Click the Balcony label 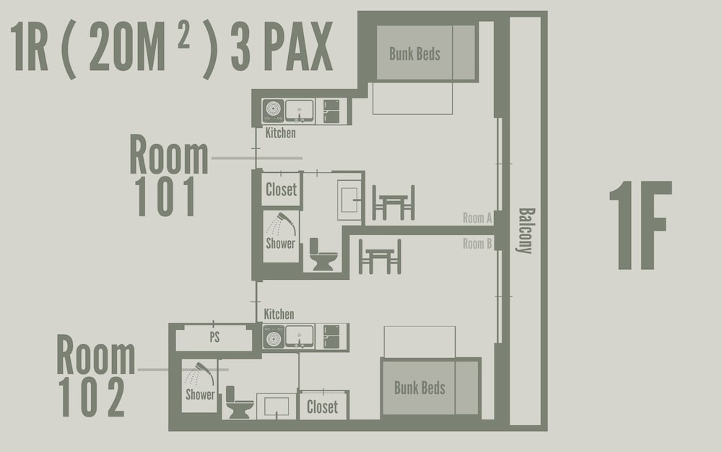526,231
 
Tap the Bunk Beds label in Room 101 414,54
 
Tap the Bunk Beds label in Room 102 419,388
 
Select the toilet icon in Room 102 239,402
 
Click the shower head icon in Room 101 282,223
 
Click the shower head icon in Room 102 200,374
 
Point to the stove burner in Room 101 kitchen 273,111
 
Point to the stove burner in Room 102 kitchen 274,336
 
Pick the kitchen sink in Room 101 300,111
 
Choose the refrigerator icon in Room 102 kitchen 331,337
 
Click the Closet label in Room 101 282,189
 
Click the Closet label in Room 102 322,406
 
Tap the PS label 214,337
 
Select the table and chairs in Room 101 393,203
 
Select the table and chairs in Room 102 380,257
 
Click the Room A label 477,218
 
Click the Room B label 477,244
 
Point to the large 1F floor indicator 641,225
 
